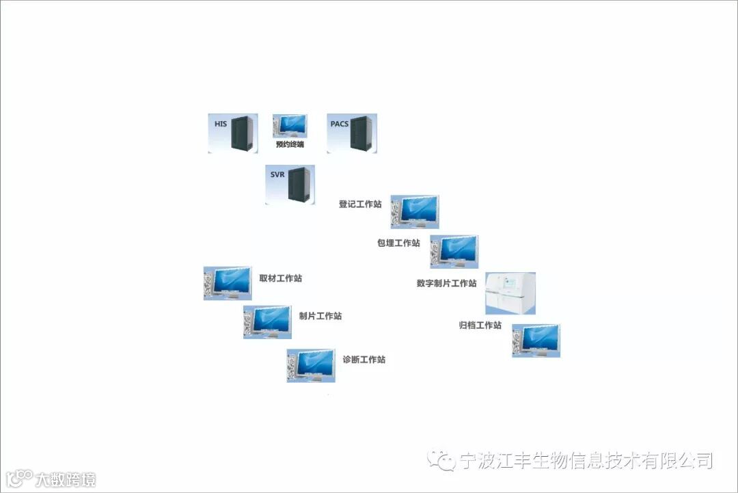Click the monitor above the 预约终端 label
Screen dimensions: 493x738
point(290,126)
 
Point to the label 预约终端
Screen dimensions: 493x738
point(290,145)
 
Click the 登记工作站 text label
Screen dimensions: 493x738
point(360,204)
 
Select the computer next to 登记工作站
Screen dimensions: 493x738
point(415,211)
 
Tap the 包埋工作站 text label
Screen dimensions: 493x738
point(398,243)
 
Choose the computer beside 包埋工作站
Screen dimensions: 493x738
point(454,251)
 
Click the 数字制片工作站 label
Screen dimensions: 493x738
point(446,283)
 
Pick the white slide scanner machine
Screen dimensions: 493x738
point(510,293)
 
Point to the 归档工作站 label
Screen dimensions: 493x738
point(480,325)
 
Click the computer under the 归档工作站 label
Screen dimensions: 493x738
point(536,341)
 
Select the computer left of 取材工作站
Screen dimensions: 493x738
point(228,282)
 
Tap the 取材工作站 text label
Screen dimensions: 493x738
point(281,278)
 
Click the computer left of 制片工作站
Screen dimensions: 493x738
point(267,321)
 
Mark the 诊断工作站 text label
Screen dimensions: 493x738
point(364,360)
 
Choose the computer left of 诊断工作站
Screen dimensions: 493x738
point(311,364)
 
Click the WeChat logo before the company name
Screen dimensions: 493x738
point(441,459)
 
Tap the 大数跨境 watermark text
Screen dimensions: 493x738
point(66,479)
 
